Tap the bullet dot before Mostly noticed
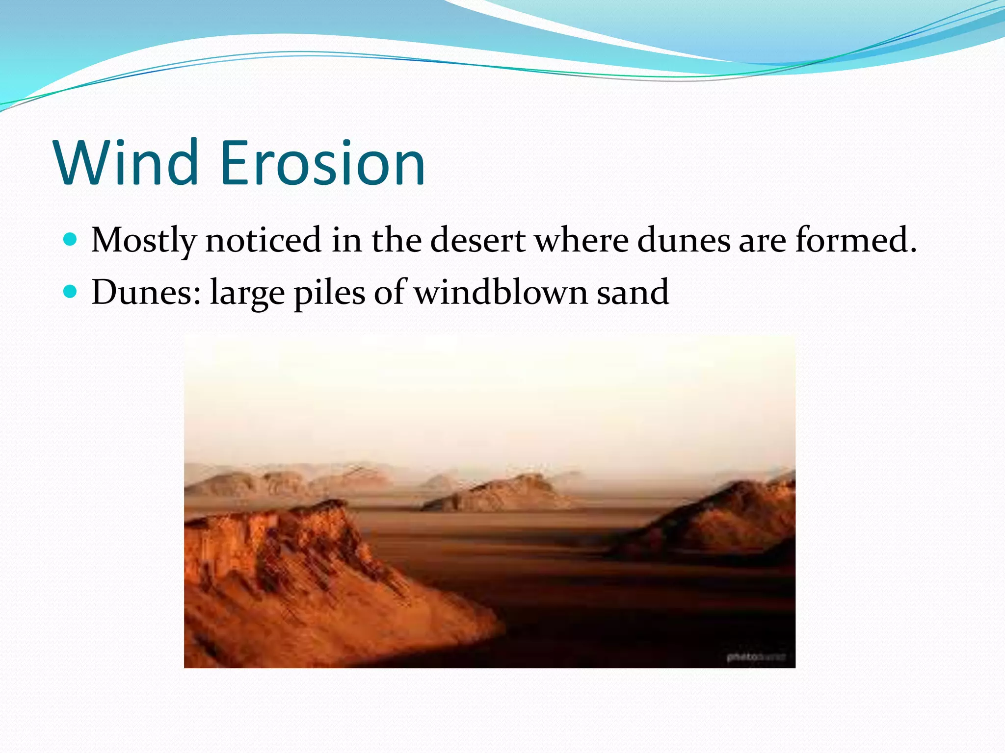71,239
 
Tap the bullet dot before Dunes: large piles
71,292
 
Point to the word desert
477,240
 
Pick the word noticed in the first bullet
263,240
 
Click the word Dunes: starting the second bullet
146,293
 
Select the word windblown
501,293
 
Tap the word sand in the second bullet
633,293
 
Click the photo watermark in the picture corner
756,656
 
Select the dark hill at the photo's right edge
736,520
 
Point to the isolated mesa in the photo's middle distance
505,493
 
